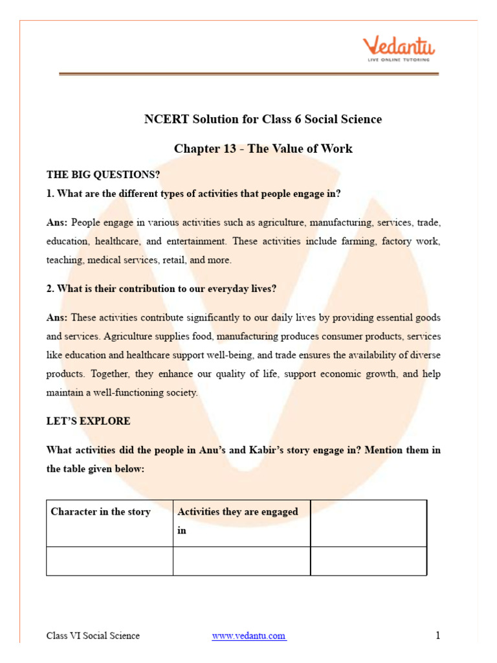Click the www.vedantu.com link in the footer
[249, 636]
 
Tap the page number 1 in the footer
[438, 635]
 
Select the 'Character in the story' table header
[100, 511]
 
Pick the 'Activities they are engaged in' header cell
[237, 521]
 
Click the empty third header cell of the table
[368, 523]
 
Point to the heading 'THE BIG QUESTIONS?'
[103, 175]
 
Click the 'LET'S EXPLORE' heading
[88, 421]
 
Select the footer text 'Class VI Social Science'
[93, 636]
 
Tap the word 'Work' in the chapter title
[338, 149]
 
